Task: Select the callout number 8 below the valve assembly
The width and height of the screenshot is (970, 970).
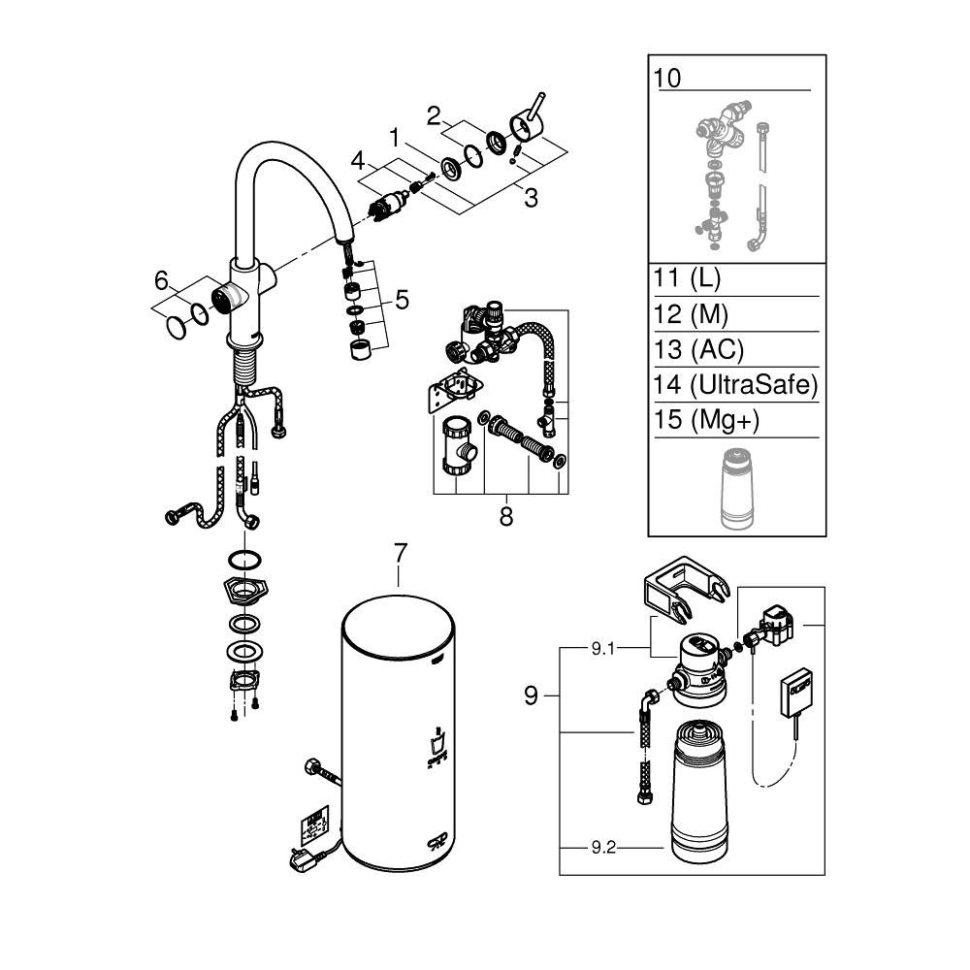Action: click(x=505, y=516)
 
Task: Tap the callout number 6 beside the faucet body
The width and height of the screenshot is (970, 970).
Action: click(x=161, y=280)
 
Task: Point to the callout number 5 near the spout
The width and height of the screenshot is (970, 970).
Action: click(x=401, y=300)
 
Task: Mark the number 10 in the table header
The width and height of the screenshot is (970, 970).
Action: click(x=668, y=78)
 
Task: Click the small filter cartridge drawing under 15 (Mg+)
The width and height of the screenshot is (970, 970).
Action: click(x=737, y=489)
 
